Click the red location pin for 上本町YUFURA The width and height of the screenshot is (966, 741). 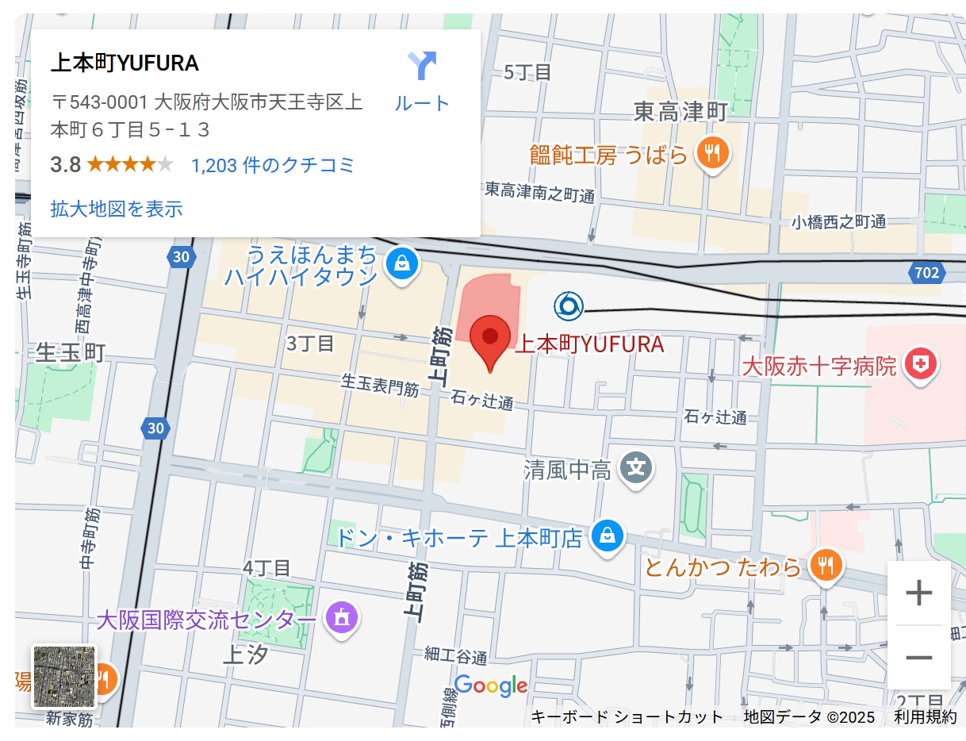coord(489,339)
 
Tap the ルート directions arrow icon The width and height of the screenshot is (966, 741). coord(422,66)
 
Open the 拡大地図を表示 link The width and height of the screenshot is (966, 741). coord(117,209)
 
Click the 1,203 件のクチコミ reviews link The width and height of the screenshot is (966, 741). coord(273,165)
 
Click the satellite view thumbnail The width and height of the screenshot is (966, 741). coord(64,676)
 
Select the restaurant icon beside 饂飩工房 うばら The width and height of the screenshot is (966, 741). coord(712,152)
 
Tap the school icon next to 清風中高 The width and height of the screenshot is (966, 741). coord(636,468)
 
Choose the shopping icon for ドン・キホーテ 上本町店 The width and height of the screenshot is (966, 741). coord(607,537)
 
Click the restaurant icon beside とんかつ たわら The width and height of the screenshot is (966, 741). coord(826,565)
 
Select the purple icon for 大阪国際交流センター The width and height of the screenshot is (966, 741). coord(342,617)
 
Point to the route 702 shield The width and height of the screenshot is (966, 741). coord(926,273)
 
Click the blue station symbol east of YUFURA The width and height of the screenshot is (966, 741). coord(569,306)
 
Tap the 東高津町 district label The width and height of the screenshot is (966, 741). coord(680,112)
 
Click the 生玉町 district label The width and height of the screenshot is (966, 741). coord(71,352)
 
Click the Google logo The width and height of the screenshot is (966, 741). coord(491,685)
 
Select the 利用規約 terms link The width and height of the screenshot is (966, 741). coord(926,716)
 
